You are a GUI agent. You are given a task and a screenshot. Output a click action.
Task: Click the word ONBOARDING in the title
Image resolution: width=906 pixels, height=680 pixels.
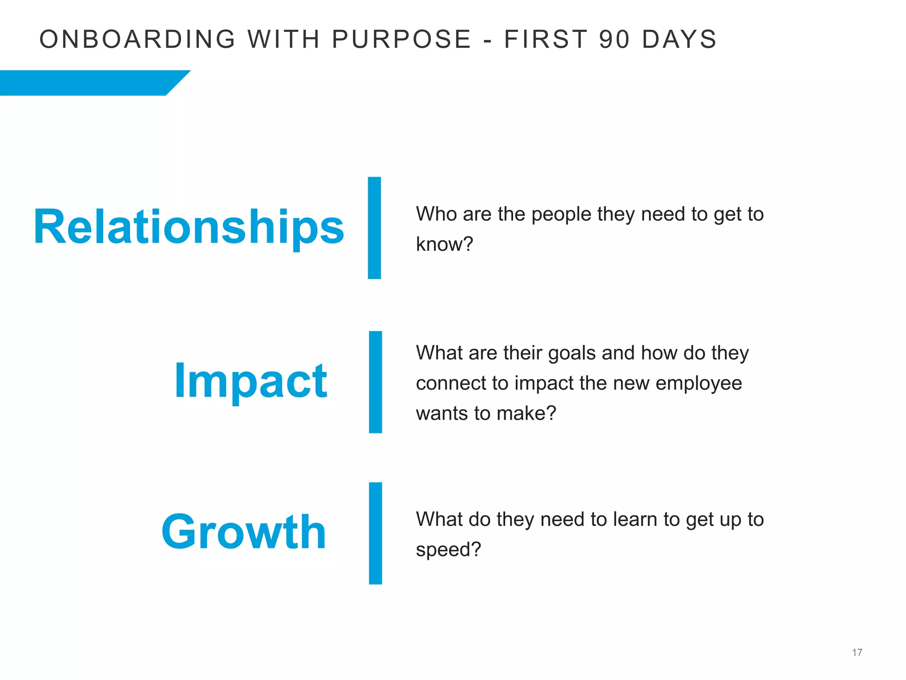pos(137,39)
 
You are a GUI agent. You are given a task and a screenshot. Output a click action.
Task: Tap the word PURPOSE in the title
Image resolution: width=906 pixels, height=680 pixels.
pos(401,39)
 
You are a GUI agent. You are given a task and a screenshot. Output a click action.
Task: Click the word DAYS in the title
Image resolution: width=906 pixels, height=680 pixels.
pos(679,39)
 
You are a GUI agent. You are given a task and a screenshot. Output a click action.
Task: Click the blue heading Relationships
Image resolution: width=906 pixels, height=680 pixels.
pos(188,227)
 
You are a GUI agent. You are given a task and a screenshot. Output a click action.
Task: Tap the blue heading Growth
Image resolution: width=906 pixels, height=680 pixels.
pos(244,532)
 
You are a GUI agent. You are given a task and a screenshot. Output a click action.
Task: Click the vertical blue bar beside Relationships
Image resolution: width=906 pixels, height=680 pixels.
pos(374,228)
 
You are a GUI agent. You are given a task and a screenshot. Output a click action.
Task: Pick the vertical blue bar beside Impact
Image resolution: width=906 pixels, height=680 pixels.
pos(375,382)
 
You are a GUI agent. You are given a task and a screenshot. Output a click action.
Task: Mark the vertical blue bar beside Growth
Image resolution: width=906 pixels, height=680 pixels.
pos(375,533)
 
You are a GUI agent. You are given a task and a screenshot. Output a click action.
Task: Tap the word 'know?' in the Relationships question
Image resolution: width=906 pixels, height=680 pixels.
pos(444,244)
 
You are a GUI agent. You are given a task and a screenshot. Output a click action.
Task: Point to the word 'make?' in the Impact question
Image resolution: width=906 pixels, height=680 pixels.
pos(526,413)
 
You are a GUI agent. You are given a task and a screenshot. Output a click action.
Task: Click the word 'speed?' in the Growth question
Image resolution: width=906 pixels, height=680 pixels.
pos(448,550)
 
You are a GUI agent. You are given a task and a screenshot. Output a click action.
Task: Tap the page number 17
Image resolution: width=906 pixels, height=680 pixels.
pos(857,652)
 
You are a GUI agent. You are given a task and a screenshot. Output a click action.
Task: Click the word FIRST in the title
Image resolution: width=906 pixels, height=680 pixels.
pos(546,39)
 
